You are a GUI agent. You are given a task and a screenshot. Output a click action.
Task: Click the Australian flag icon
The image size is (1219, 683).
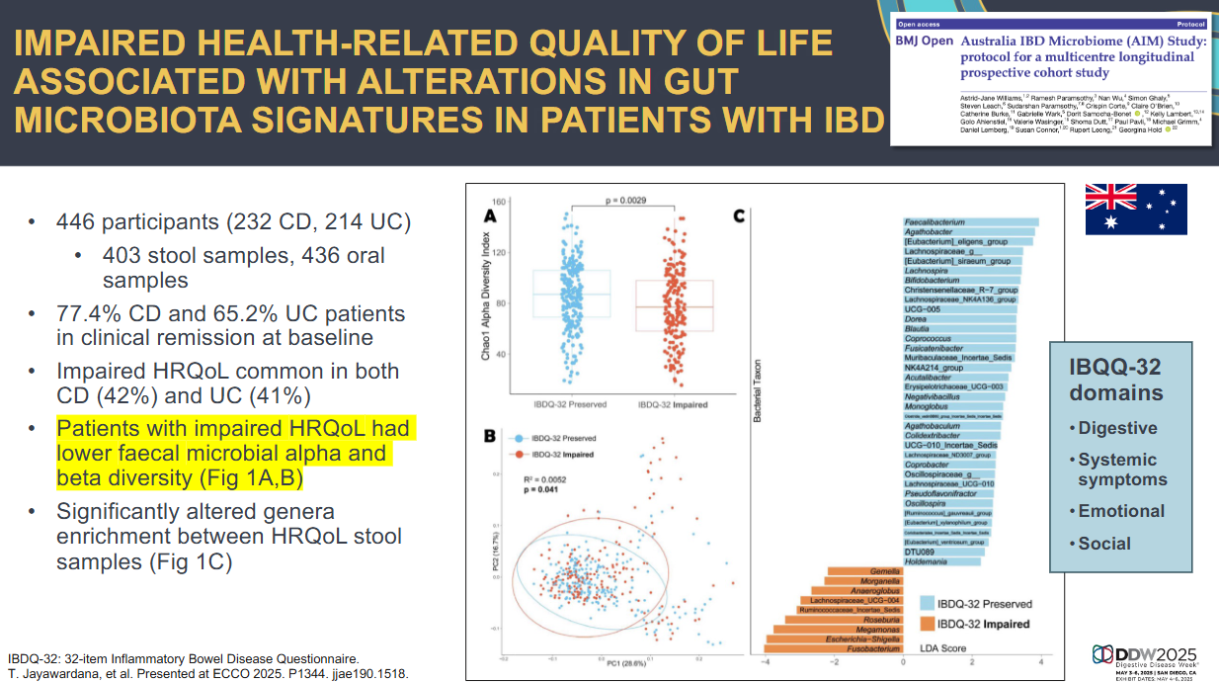pyautogui.click(x=1136, y=210)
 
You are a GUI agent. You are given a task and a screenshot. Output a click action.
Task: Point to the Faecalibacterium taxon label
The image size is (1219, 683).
pyautogui.click(x=935, y=222)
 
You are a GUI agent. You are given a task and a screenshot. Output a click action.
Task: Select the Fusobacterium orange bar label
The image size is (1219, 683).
pyautogui.click(x=870, y=648)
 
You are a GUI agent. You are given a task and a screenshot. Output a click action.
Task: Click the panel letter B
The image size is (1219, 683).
pyautogui.click(x=490, y=434)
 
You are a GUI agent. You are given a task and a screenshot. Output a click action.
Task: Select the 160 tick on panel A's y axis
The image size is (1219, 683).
pyautogui.click(x=499, y=202)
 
